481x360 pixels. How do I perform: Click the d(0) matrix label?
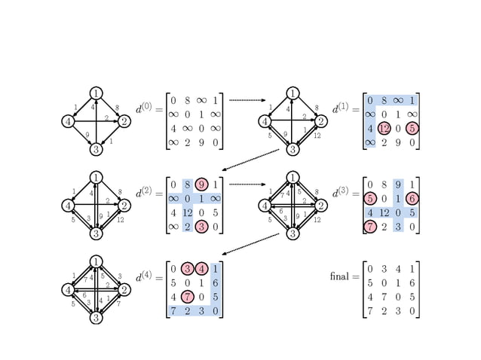click(143, 108)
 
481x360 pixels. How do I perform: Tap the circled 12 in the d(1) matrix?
click(384, 128)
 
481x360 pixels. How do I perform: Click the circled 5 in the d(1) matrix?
click(412, 128)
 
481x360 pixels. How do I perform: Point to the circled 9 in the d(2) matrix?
click(201, 184)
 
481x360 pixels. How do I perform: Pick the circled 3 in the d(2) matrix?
click(201, 226)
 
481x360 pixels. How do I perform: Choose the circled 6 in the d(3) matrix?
click(412, 198)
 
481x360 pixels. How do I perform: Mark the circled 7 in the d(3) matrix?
click(369, 226)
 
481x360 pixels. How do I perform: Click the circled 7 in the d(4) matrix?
click(188, 297)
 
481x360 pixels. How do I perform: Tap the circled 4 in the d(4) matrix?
click(201, 269)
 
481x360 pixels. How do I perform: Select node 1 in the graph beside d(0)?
click(96, 93)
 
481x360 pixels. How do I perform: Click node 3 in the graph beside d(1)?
click(293, 149)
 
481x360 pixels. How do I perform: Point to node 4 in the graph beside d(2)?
click(68, 205)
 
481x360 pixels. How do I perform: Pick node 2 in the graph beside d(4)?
click(124, 289)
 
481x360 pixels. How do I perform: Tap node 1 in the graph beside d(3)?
click(293, 178)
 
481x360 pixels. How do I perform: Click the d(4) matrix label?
click(143, 277)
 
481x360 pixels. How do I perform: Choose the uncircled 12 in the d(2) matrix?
click(188, 212)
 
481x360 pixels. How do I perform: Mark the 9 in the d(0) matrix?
click(201, 142)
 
